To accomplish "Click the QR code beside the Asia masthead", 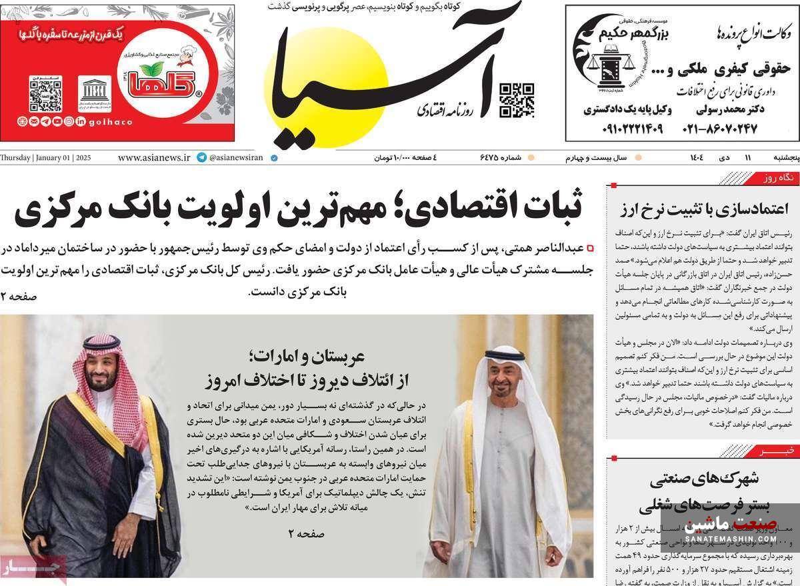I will pyautogui.click(x=517, y=100).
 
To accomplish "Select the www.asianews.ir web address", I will pyautogui.click(x=154, y=158).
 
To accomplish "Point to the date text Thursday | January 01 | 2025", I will pyautogui.click(x=45, y=158).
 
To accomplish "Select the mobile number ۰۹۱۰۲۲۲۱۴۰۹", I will pyautogui.click(x=623, y=129).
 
